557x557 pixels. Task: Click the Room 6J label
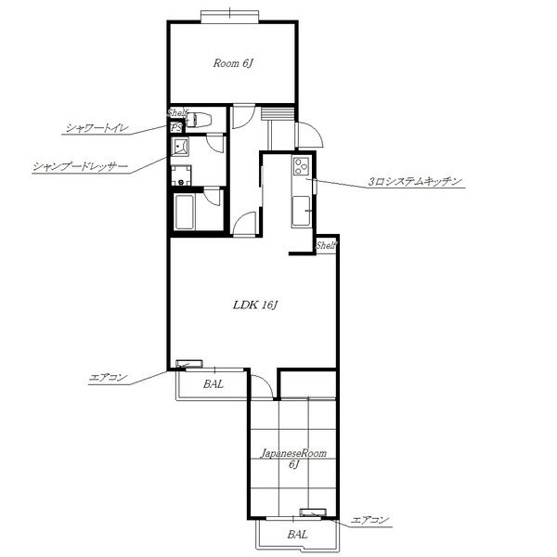pos(233,63)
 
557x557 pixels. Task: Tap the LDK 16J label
pos(254,305)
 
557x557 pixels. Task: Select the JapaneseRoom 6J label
pos(293,459)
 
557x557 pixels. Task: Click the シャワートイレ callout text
pos(97,128)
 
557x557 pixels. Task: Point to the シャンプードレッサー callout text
pos(80,167)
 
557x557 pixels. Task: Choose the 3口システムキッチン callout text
pos(415,182)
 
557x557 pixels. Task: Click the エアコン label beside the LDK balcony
pos(108,378)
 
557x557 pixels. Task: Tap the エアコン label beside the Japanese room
pos(369,521)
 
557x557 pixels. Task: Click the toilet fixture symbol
pos(199,120)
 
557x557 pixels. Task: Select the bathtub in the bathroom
pos(185,212)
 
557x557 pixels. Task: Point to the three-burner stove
pos(302,166)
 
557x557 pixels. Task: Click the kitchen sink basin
pos(301,211)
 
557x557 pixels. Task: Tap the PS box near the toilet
pos(175,127)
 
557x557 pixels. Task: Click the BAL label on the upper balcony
pos(214,384)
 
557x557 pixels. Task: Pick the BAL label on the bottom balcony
pos(297,535)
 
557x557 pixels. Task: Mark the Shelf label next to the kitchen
pos(326,245)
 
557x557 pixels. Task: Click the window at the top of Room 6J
pos(230,17)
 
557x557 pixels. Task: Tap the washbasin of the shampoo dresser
pos(180,148)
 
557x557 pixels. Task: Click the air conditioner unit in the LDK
pos(189,364)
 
